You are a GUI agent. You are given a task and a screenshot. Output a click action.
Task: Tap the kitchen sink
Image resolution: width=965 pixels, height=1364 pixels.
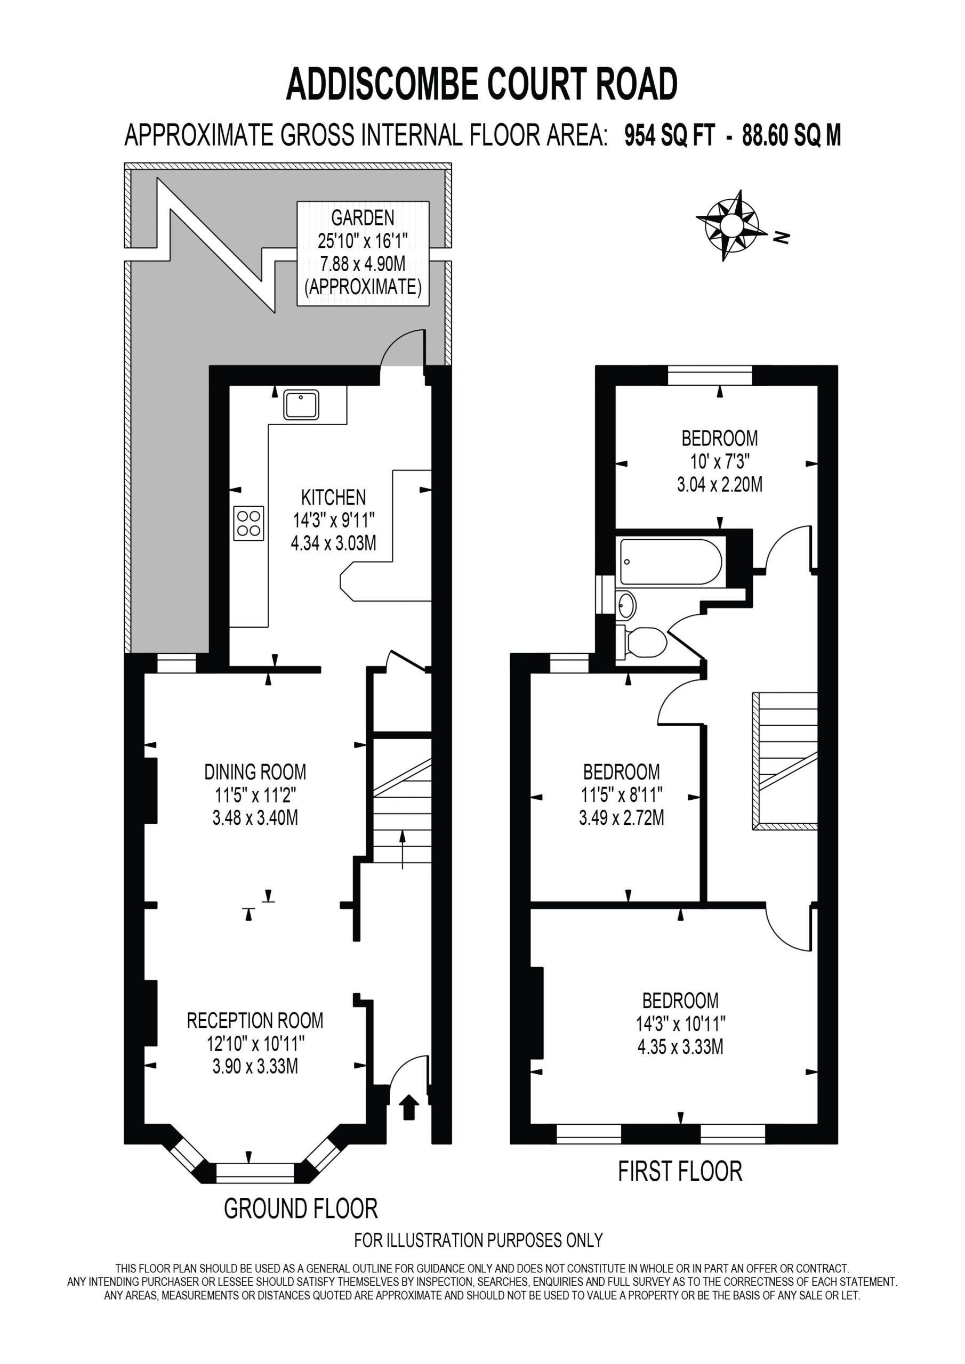point(301,404)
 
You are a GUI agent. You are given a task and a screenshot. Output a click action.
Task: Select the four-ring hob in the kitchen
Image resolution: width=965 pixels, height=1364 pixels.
point(248,523)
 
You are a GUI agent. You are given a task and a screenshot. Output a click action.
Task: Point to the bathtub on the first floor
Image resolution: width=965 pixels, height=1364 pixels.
point(671,562)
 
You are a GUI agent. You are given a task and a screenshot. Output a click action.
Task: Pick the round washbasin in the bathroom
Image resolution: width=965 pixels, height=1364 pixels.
point(626,606)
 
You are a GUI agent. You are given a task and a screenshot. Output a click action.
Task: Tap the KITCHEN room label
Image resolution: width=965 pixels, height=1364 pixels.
point(333,497)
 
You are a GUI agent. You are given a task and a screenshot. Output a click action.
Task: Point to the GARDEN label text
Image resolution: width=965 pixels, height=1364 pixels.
point(363,218)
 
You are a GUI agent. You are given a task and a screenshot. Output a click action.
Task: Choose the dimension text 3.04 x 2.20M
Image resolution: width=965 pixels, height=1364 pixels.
point(719,485)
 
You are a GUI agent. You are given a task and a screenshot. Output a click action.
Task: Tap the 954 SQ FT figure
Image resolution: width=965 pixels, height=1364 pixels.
point(669,135)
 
